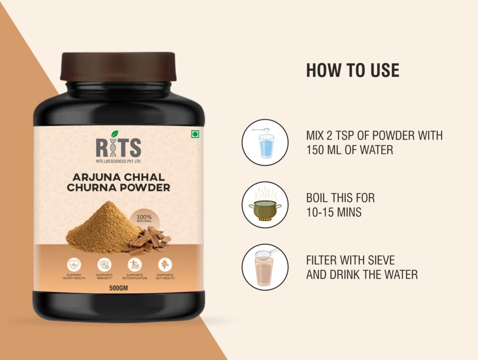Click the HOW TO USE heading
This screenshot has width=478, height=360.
[353, 70]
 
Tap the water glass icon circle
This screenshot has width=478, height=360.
[265, 142]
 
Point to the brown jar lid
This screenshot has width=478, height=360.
[118, 66]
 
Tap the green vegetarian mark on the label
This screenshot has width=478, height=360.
[195, 135]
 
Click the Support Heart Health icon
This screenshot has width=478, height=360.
[74, 264]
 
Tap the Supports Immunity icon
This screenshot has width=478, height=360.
[104, 264]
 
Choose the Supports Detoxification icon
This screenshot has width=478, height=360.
[134, 264]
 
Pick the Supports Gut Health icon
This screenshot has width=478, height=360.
[165, 264]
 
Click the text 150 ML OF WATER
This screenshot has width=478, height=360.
[350, 150]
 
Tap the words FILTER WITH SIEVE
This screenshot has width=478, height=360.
[350, 260]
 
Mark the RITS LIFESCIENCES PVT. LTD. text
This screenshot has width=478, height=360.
[118, 162]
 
